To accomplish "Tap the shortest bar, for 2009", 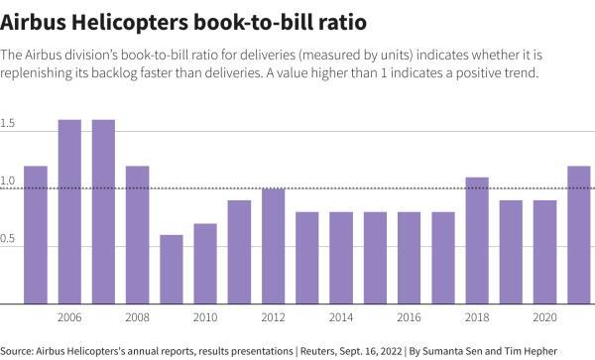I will click(172, 269).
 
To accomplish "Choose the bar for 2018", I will click(477, 240).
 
